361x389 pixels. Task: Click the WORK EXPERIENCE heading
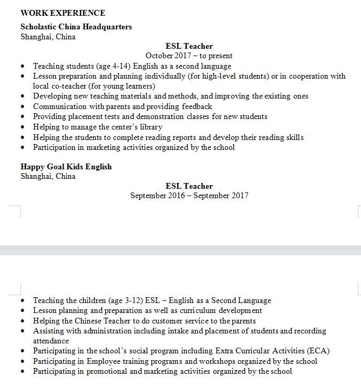[63, 13]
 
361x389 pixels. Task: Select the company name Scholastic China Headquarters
[76, 27]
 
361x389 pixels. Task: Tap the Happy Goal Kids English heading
[66, 167]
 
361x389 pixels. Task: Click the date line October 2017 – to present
[189, 56]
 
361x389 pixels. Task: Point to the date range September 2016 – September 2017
[189, 196]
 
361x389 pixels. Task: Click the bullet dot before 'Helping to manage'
[22, 127]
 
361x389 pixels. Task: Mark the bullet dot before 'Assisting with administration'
[22, 331]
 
